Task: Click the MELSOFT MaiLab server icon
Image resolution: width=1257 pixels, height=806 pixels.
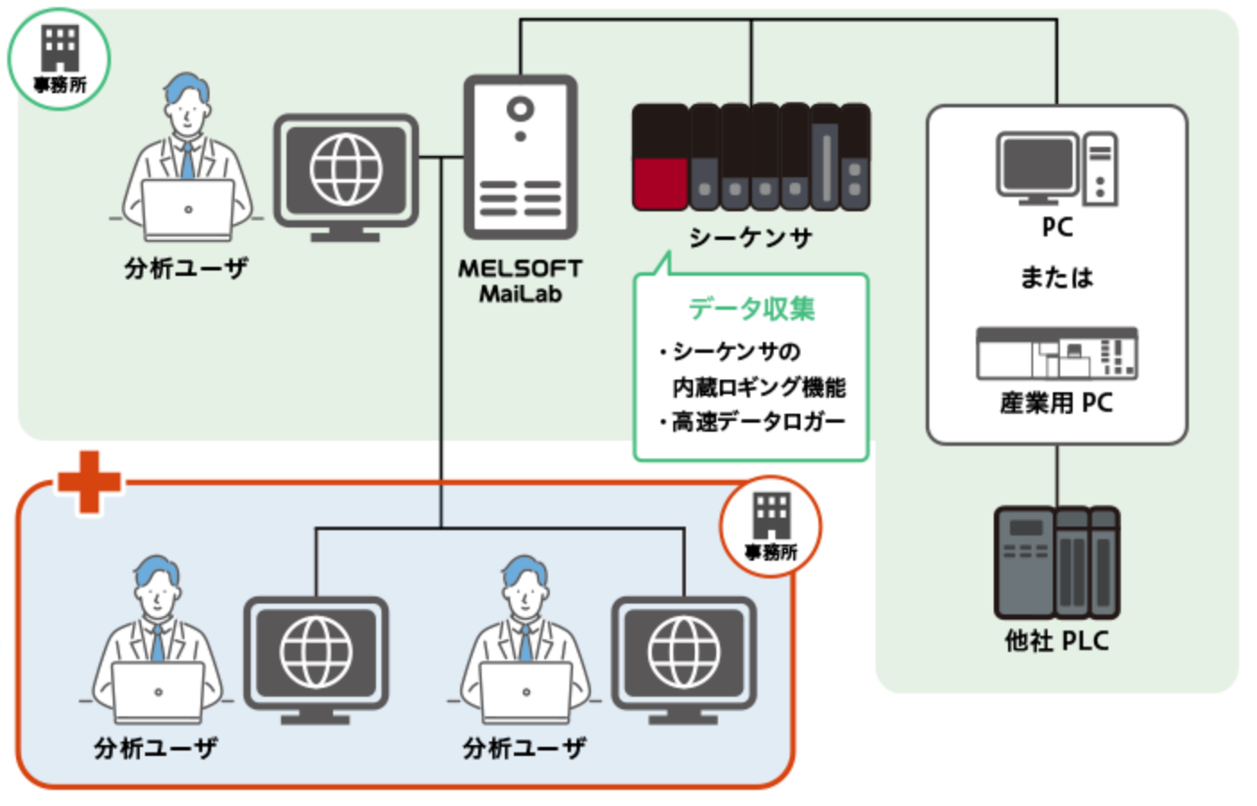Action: pyautogui.click(x=520, y=157)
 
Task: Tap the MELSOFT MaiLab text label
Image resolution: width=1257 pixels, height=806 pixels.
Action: pyautogui.click(x=520, y=280)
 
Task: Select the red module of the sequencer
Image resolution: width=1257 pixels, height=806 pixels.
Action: pyautogui.click(x=660, y=183)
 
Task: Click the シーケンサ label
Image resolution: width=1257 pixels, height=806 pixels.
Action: pyautogui.click(x=750, y=237)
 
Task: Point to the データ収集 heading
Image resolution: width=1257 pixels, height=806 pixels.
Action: pyautogui.click(x=751, y=309)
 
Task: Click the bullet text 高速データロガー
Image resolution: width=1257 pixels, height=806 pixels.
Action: pyautogui.click(x=757, y=422)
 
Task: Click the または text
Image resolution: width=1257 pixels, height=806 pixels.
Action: pyautogui.click(x=1056, y=278)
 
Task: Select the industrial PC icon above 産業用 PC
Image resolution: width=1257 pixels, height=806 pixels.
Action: pyautogui.click(x=1056, y=353)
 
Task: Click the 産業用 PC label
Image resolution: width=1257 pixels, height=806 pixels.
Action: pyautogui.click(x=1056, y=403)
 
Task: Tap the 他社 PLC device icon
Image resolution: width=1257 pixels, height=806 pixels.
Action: pyautogui.click(x=1056, y=562)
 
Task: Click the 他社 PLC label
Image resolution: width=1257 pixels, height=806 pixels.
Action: pyautogui.click(x=1056, y=641)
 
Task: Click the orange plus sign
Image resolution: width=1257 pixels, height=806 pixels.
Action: pyautogui.click(x=89, y=481)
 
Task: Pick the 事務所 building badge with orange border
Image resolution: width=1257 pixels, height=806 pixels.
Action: pyautogui.click(x=771, y=527)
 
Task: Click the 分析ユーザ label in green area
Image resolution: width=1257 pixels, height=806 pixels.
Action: pyautogui.click(x=186, y=268)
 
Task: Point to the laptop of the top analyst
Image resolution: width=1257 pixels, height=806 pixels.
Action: pyautogui.click(x=187, y=210)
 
